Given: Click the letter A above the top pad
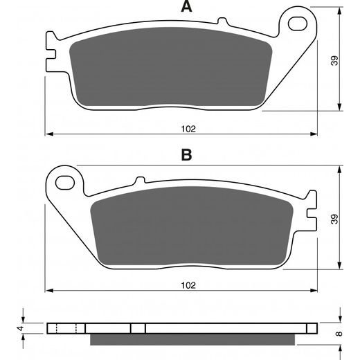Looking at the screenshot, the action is [186, 6].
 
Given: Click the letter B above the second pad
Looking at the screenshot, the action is [186, 155].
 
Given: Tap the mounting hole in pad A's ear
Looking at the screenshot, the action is [298, 24].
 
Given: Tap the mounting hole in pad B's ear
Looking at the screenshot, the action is [65, 183].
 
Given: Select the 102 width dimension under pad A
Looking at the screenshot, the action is [188, 129].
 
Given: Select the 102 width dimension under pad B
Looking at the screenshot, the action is [188, 285].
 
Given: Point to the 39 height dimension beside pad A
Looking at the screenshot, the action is [334, 60].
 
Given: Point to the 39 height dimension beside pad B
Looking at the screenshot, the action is [334, 219].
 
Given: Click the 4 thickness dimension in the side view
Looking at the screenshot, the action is [21, 328].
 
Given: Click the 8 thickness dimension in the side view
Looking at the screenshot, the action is [339, 334].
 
